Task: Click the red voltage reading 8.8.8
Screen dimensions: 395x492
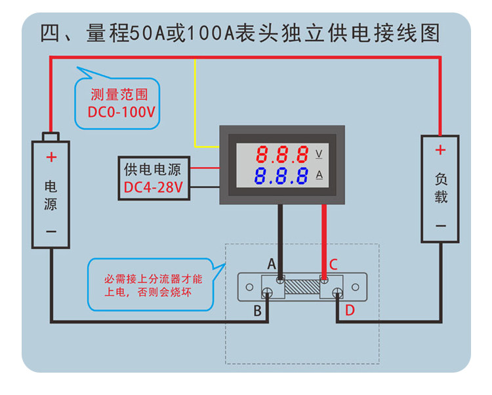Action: click(x=282, y=154)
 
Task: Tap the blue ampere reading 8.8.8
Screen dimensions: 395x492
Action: click(x=282, y=175)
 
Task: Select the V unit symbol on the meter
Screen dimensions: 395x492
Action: click(x=319, y=154)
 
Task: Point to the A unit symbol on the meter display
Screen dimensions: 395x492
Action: click(x=319, y=175)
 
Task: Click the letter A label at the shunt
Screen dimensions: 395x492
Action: click(x=272, y=264)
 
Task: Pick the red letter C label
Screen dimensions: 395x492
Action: click(x=333, y=265)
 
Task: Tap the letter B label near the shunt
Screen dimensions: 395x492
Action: click(x=258, y=310)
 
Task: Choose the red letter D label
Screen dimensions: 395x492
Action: click(x=350, y=310)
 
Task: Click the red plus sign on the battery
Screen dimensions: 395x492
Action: click(x=51, y=157)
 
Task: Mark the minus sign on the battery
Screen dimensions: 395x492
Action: click(x=51, y=231)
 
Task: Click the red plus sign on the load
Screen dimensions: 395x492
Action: click(x=440, y=151)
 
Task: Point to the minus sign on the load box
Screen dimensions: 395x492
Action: click(x=440, y=225)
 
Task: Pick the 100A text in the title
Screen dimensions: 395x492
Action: click(x=205, y=33)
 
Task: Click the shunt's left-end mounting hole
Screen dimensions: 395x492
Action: click(x=249, y=287)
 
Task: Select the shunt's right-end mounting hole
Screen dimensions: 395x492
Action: click(x=355, y=287)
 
